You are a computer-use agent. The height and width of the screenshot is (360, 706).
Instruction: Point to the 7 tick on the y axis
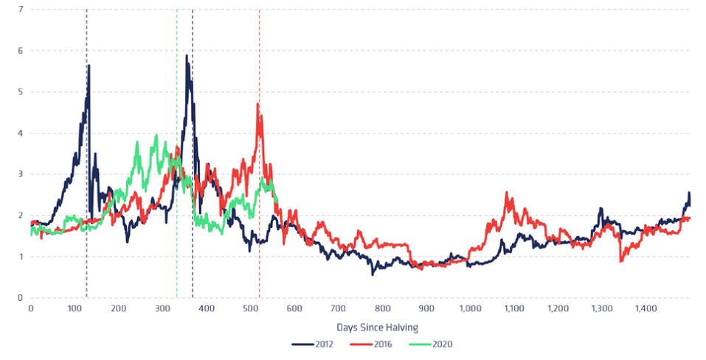tap(21, 10)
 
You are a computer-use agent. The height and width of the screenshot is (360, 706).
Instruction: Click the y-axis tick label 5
tap(21, 92)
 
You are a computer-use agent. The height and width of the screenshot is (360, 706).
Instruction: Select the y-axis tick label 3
tap(21, 175)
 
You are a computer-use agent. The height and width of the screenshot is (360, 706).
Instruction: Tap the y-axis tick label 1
tap(21, 257)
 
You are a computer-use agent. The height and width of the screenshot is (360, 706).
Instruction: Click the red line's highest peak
tap(257, 104)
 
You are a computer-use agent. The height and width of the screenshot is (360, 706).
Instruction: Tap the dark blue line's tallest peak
tap(187, 55)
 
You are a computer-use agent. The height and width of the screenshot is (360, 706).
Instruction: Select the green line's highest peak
tap(156, 136)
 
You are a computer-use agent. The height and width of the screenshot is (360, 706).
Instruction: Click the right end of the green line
tap(277, 201)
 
